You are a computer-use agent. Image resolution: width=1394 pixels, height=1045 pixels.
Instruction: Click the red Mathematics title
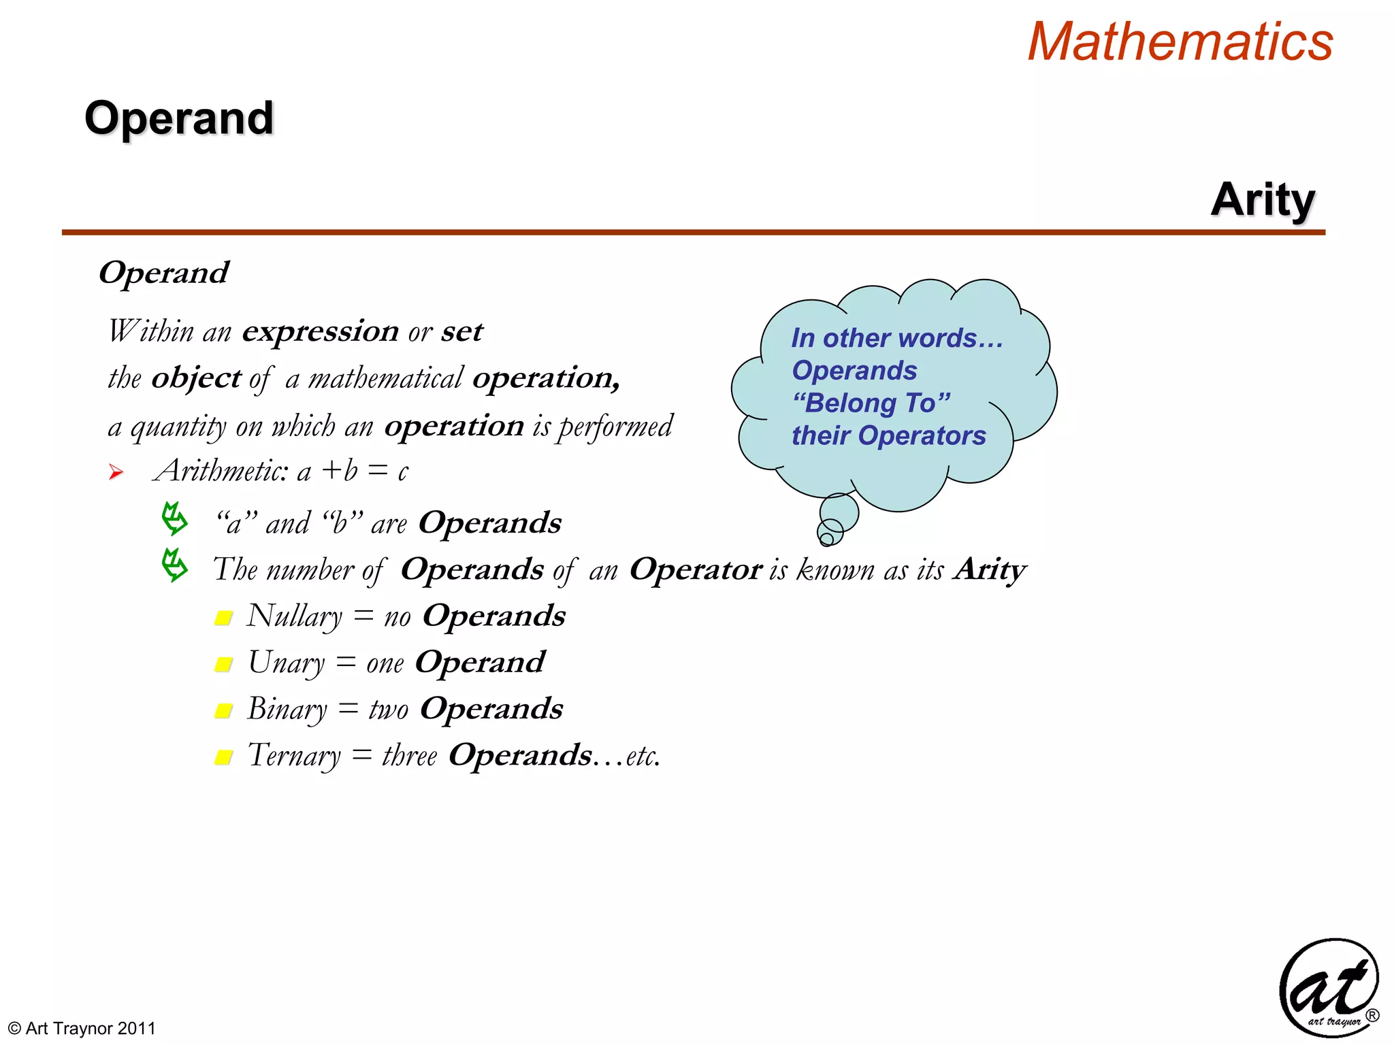1180,42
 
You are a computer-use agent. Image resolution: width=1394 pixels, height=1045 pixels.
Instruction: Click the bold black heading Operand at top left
179,118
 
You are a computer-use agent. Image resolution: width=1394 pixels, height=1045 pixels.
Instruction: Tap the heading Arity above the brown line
1263,200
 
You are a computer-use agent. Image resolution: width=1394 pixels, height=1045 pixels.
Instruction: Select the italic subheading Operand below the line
163,273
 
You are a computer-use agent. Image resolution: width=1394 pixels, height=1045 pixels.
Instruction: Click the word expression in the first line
320,331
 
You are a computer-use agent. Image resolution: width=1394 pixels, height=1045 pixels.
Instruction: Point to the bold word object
196,378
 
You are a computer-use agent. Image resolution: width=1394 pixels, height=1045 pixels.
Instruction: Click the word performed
615,427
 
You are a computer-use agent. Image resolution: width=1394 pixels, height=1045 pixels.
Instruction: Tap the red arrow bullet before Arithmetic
116,472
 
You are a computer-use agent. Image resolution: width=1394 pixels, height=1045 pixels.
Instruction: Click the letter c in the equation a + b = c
403,471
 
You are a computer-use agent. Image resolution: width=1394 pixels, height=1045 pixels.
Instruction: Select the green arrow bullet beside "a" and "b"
174,519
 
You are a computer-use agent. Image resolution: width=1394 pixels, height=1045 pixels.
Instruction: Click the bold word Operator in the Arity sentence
695,569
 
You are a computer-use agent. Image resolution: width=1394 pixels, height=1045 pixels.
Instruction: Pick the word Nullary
294,616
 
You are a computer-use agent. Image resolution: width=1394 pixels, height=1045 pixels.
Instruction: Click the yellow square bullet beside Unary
223,664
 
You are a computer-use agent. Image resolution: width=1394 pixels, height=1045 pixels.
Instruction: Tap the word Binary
287,710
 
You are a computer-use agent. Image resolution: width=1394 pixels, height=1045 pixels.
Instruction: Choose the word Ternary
294,756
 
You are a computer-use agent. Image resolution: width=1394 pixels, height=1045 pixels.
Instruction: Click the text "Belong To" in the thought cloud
871,403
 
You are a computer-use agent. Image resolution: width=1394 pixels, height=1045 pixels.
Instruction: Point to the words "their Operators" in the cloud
888,436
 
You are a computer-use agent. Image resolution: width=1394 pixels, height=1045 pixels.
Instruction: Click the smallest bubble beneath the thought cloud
826,540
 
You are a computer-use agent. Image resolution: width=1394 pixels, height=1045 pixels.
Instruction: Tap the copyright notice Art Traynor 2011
82,1028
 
